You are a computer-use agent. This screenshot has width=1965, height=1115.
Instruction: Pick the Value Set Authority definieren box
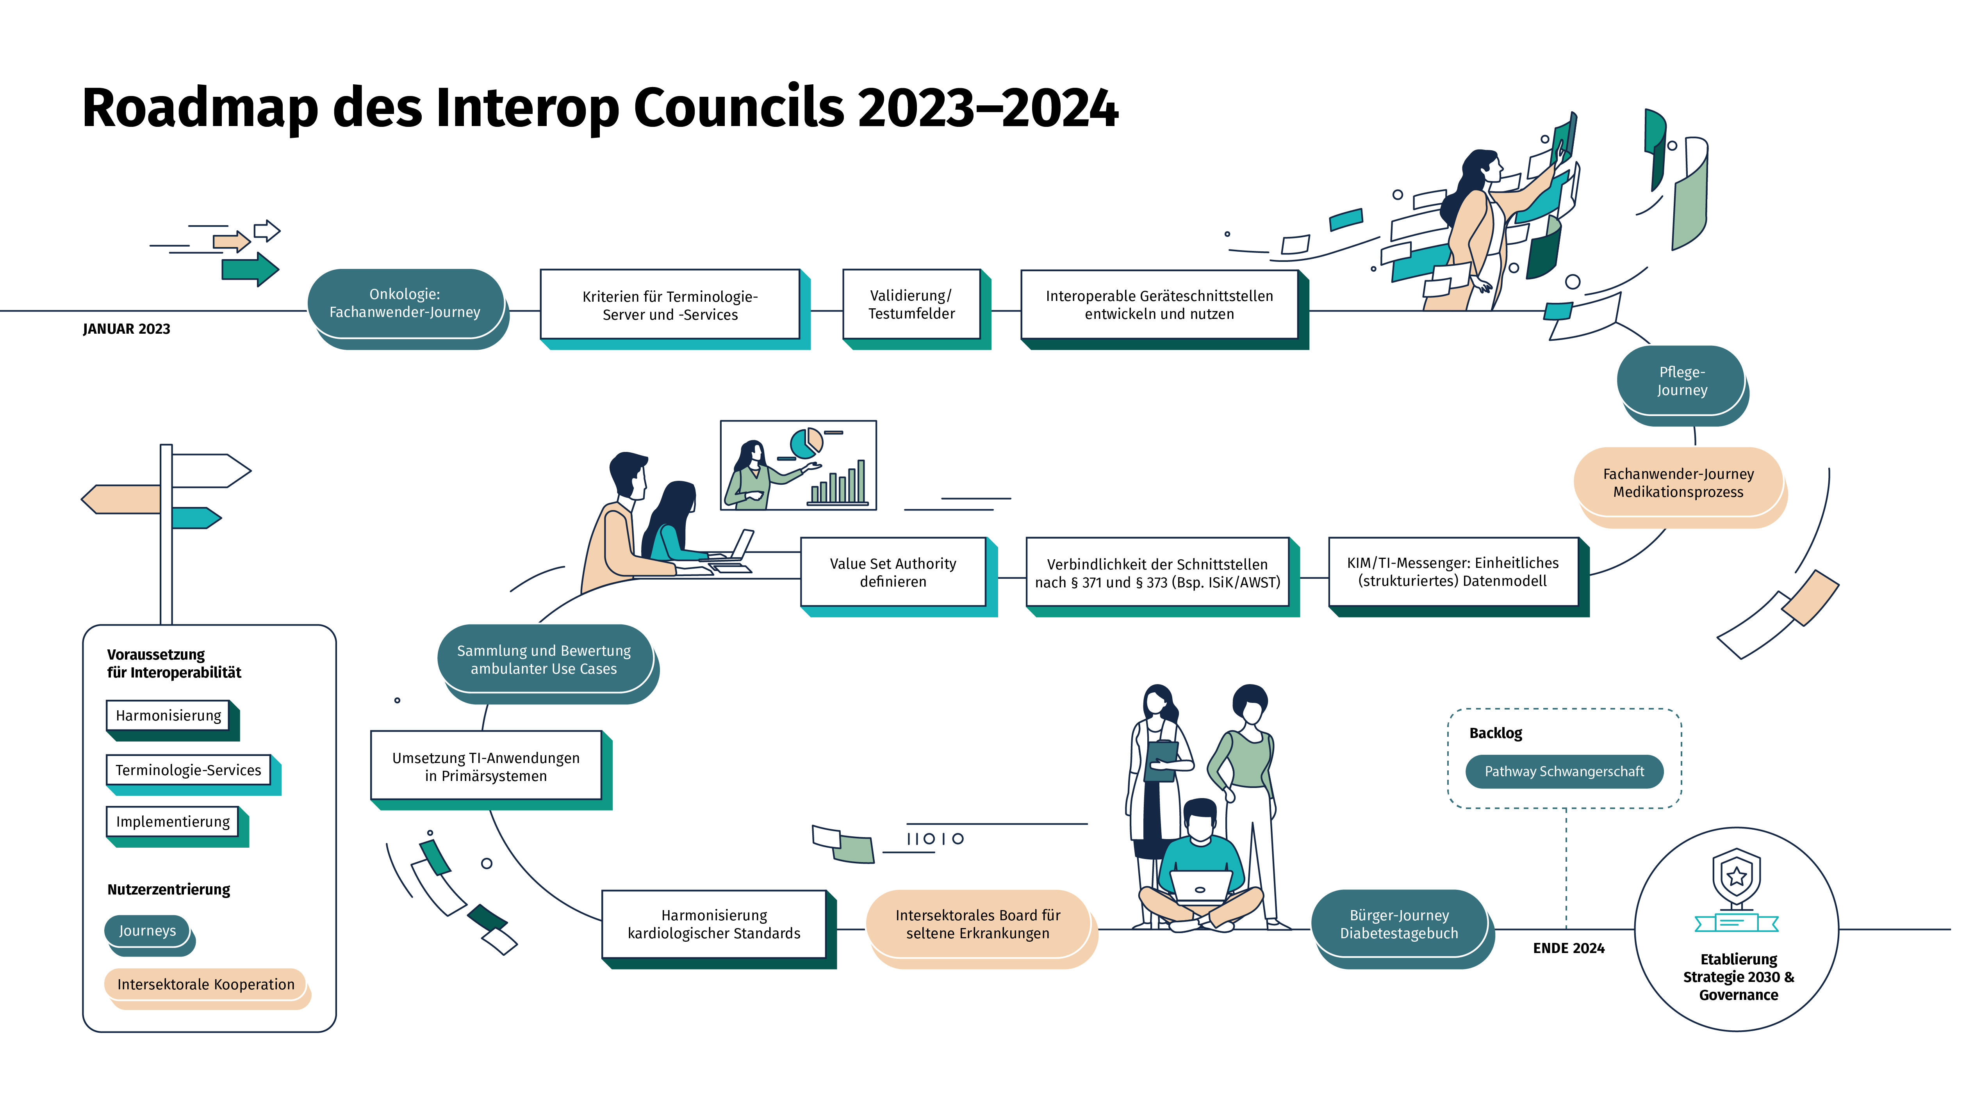coord(892,572)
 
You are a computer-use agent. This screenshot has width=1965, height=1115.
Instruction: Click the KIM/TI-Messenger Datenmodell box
coord(1453,572)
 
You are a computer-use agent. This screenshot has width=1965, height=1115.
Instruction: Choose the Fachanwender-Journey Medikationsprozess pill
coord(1678,482)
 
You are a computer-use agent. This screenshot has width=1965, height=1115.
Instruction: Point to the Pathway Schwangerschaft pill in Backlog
coord(1564,771)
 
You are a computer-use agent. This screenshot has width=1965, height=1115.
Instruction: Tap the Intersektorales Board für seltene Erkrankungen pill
coord(977,923)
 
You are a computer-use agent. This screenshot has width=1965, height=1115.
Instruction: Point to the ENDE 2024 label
coord(1568,948)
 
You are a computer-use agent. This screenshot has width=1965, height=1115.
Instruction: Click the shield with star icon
coord(1736,877)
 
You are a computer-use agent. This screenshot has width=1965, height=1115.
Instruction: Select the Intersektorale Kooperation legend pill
coord(205,984)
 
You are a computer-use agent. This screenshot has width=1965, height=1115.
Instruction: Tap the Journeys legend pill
coord(147,930)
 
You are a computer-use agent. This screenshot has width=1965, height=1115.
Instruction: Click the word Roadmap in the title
coord(199,109)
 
